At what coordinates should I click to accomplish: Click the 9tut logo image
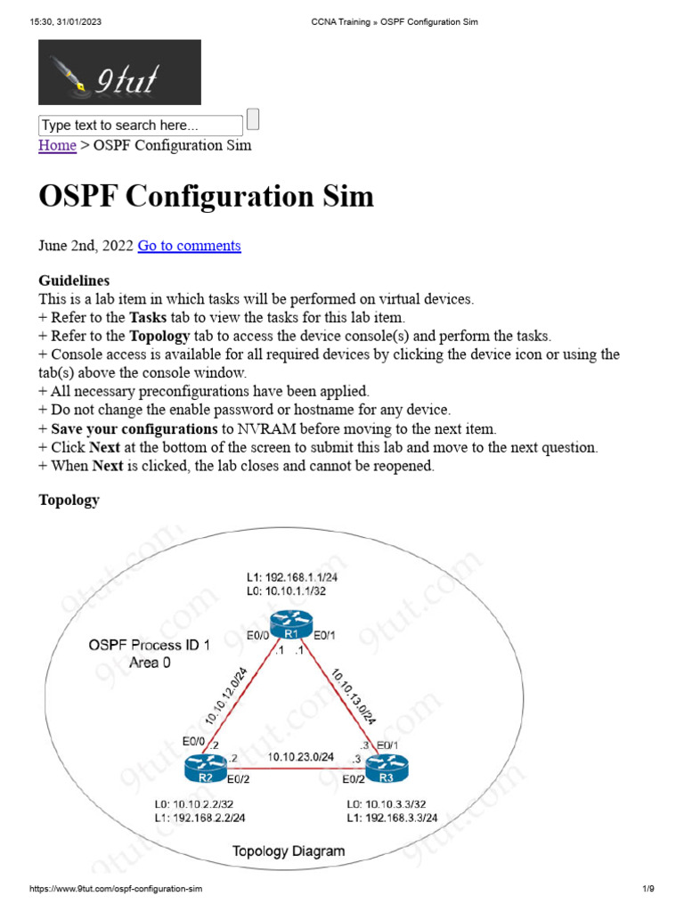click(x=119, y=72)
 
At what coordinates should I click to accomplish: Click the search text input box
click(x=140, y=126)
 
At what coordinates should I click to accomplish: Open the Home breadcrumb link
click(x=57, y=145)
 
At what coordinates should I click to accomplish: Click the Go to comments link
click(x=189, y=246)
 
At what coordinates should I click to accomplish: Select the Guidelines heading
click(x=74, y=280)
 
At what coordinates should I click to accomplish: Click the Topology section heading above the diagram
click(x=69, y=500)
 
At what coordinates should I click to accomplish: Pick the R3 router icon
click(x=385, y=766)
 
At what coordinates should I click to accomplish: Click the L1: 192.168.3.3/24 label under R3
click(x=393, y=818)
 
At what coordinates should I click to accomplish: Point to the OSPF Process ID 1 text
click(x=150, y=646)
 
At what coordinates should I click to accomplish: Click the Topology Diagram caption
click(x=289, y=851)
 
